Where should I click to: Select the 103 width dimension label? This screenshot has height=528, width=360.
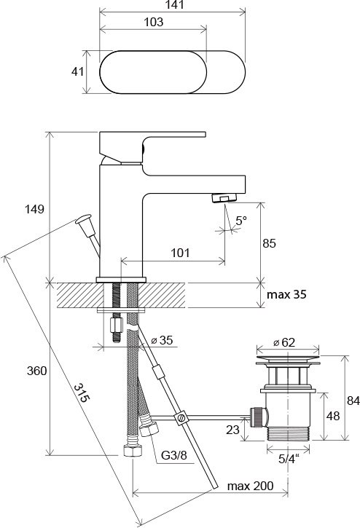(x=153, y=22)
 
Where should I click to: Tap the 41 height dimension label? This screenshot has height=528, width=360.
(x=77, y=71)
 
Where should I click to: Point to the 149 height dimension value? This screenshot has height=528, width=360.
(x=34, y=209)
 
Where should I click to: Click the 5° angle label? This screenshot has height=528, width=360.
(x=241, y=221)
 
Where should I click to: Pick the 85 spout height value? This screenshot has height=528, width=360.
(x=269, y=243)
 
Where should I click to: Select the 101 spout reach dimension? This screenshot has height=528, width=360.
(x=180, y=253)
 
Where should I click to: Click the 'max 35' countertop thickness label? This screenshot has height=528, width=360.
(x=286, y=294)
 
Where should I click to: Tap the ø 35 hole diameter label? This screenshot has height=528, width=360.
(x=162, y=340)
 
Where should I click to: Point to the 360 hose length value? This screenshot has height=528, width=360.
(x=36, y=371)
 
